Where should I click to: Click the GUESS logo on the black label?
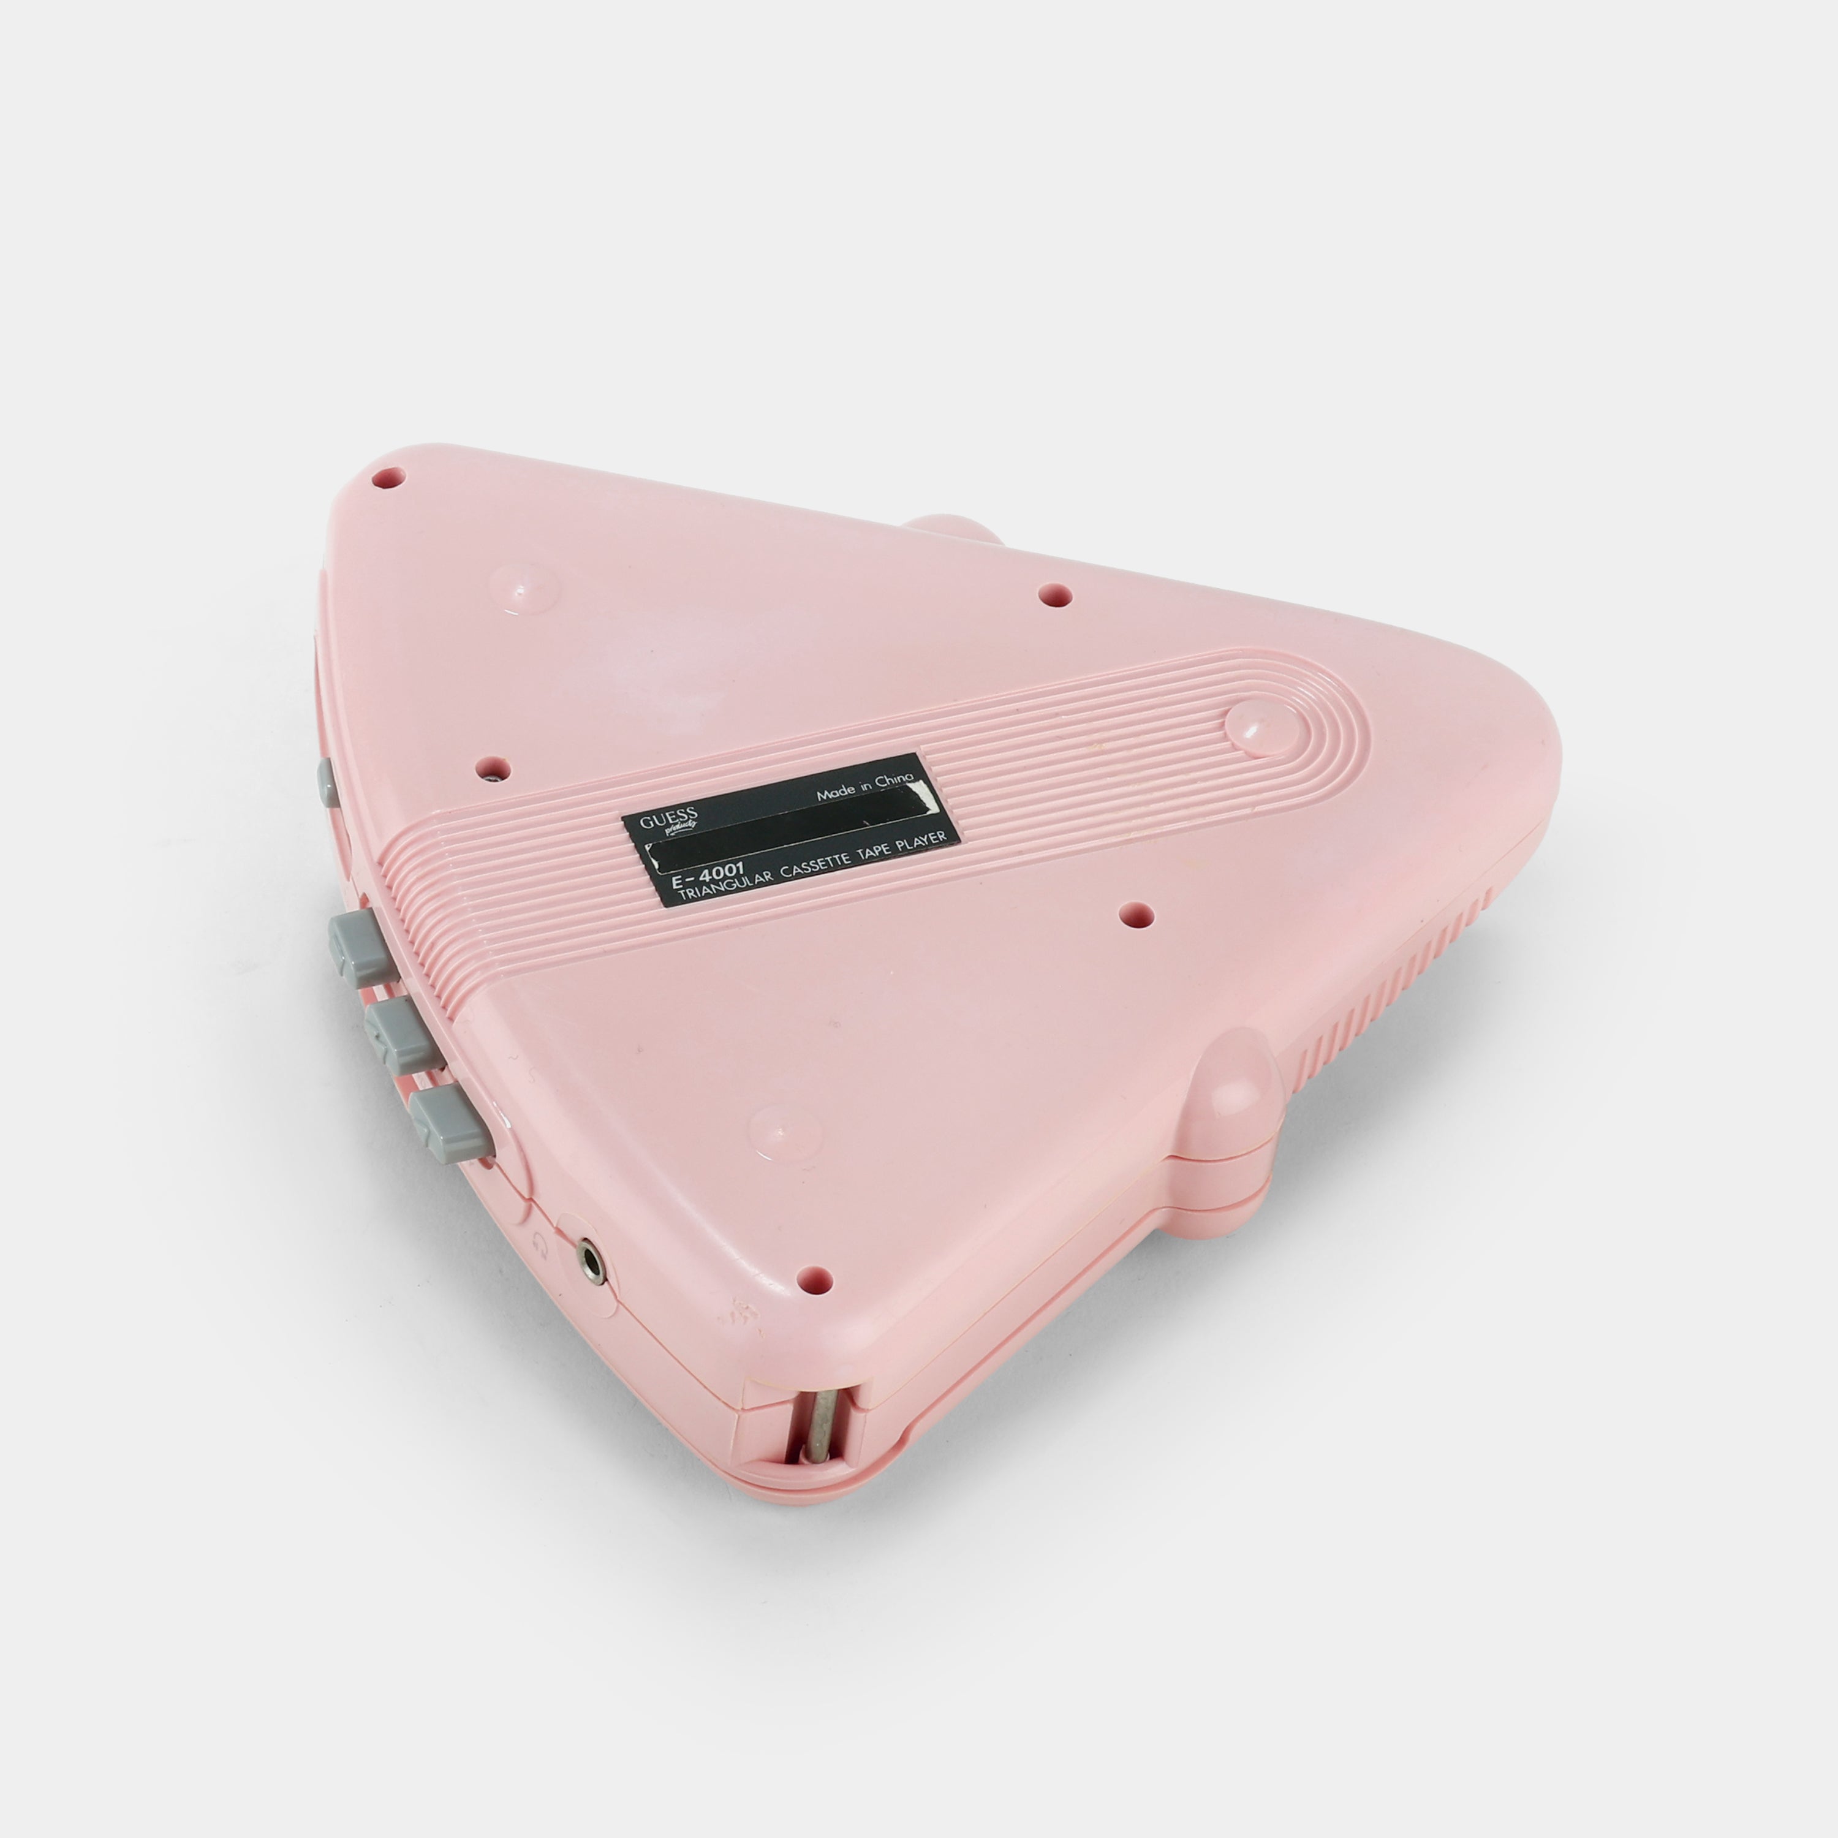[x=670, y=818]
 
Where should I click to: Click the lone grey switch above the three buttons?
[x=325, y=783]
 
